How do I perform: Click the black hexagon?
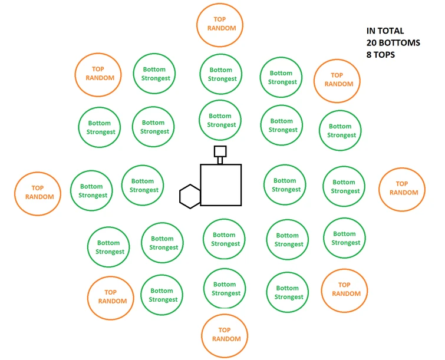[x=180, y=197]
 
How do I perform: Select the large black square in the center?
[x=200, y=185]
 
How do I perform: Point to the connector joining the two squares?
[x=220, y=161]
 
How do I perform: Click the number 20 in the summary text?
[x=371, y=43]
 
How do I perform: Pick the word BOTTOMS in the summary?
[x=400, y=43]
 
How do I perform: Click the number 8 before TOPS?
[x=368, y=55]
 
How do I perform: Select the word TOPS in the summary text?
[x=384, y=55]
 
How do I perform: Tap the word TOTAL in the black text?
[x=391, y=31]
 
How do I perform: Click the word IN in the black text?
[x=370, y=31]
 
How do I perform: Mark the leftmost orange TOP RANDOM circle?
[x=15, y=194]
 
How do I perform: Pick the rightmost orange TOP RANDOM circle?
[x=378, y=190]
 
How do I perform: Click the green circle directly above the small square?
[x=199, y=120]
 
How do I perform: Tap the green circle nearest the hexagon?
[x=122, y=185]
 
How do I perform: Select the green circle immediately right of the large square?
[x=264, y=184]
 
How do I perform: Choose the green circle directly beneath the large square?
[x=203, y=239]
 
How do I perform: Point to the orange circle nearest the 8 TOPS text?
[x=314, y=81]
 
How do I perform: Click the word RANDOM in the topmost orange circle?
[x=222, y=28]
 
